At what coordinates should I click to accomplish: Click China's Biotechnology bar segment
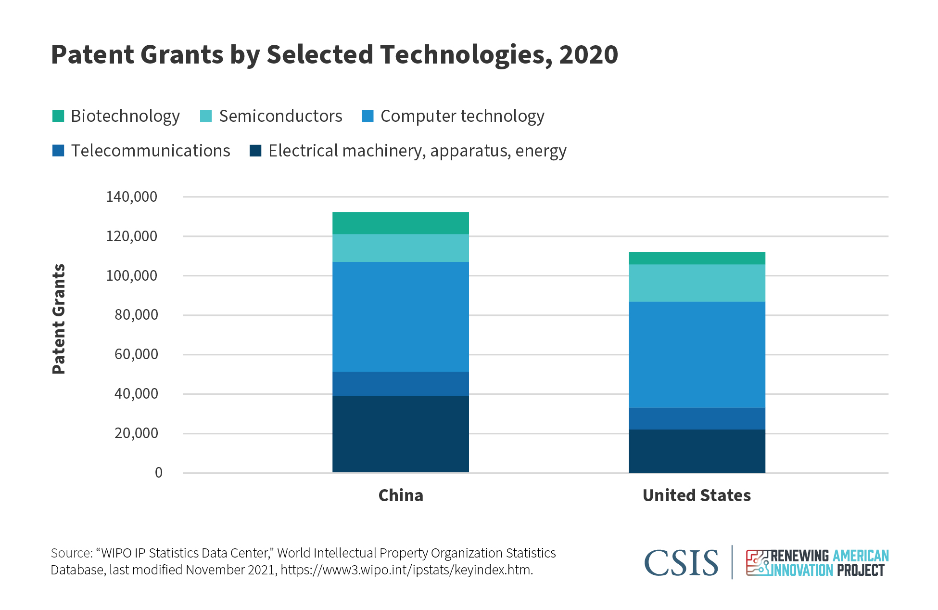coord(400,223)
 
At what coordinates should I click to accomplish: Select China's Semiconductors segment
coord(400,248)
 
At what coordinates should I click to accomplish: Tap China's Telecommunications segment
coord(400,384)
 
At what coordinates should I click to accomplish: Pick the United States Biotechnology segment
coord(697,258)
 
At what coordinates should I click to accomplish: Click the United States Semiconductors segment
coord(697,283)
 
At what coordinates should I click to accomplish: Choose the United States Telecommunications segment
coord(697,418)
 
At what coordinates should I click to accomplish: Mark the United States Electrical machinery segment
coord(697,451)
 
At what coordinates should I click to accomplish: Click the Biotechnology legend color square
coord(58,116)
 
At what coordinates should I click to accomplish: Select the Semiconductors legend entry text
coord(280,116)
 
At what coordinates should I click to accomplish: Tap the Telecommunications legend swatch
coord(58,151)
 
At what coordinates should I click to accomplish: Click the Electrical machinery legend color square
coord(255,151)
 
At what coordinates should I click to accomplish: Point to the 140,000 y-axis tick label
coord(131,196)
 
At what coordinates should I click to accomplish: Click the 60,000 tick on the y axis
coord(136,354)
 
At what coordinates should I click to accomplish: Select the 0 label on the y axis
coord(158,473)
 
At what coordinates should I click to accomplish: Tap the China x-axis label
coord(400,495)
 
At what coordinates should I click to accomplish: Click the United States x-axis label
coord(697,495)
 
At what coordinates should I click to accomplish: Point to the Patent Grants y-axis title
coord(59,319)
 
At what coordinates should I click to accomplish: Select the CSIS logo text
coord(681,563)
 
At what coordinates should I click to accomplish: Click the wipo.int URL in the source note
coord(406,570)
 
